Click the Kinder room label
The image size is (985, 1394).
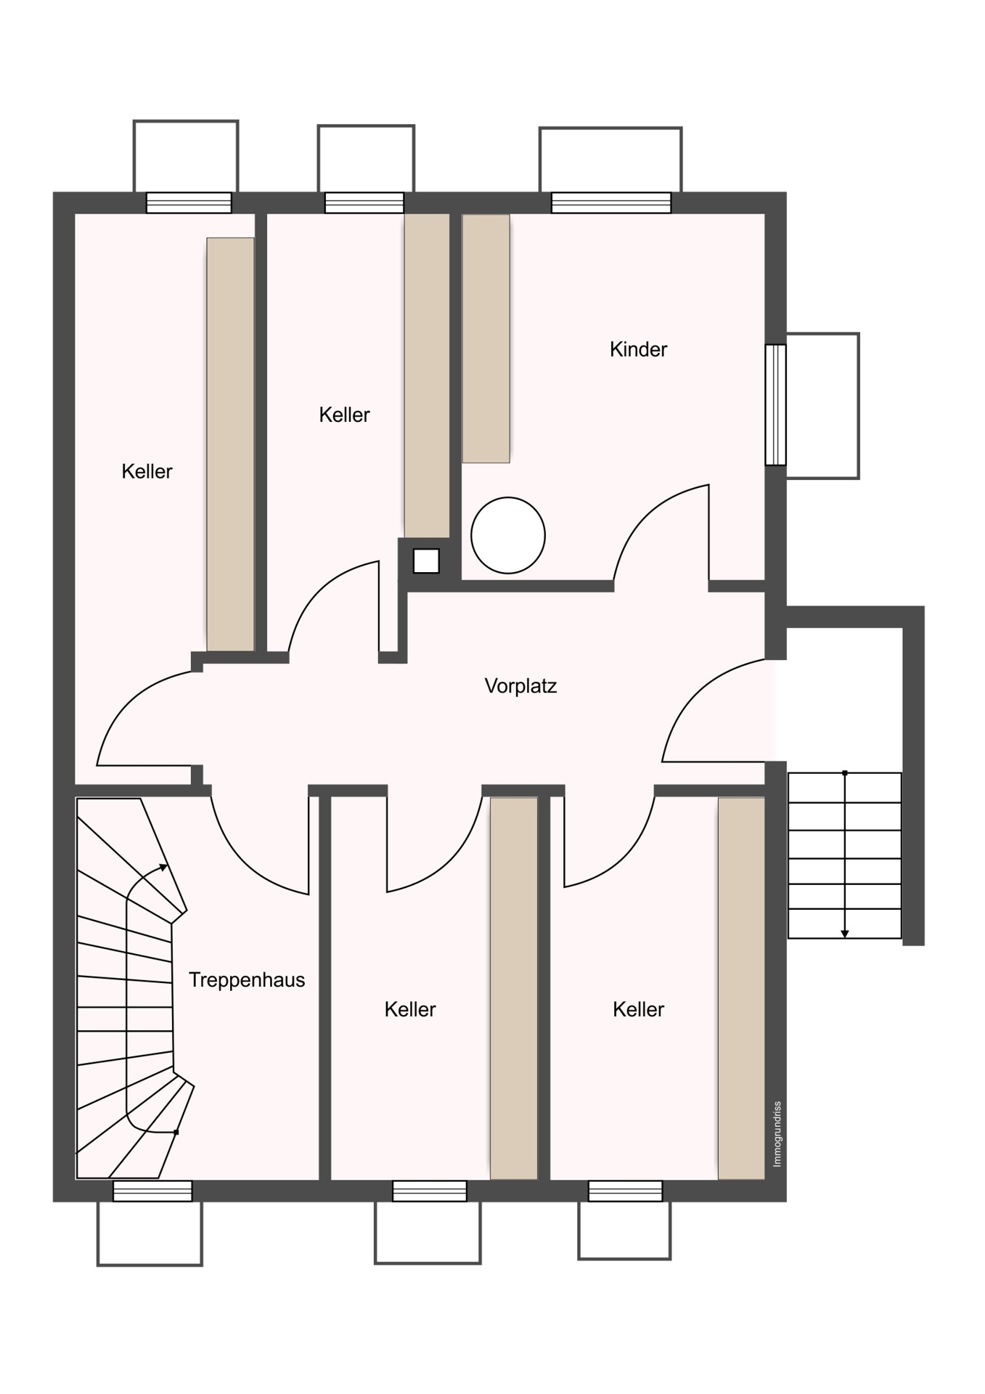(638, 349)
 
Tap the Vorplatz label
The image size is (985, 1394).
(520, 686)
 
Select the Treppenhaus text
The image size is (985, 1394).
(247, 980)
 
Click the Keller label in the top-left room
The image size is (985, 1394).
(147, 471)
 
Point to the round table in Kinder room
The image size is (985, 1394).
(508, 535)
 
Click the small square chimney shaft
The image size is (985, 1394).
(426, 561)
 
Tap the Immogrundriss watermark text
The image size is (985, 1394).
(777, 1134)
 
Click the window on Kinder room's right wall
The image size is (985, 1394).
(776, 404)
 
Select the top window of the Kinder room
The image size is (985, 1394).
(611, 203)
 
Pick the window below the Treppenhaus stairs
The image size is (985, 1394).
(152, 1191)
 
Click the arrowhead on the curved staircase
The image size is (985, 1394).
(164, 867)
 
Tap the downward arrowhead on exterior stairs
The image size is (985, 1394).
(845, 934)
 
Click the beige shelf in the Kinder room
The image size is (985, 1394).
(486, 338)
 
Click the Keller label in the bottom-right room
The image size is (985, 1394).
(638, 1009)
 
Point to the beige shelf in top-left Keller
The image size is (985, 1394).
(230, 444)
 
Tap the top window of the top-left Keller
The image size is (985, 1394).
(189, 203)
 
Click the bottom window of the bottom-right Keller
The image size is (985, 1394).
(625, 1191)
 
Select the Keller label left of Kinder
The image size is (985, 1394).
(344, 415)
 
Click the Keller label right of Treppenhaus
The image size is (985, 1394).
(410, 1009)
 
